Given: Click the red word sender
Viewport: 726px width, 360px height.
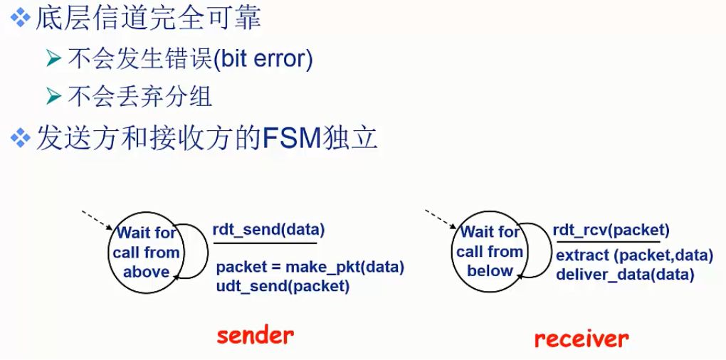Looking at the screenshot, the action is point(255,335).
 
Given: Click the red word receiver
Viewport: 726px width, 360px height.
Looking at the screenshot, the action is point(582,338).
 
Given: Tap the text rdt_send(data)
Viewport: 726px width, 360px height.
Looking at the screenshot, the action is point(268,229).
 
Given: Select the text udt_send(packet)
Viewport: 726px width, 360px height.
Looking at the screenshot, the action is point(283,286).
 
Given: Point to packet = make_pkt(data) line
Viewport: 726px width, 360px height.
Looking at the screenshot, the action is point(310,268).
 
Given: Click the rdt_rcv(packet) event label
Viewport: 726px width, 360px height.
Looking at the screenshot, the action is point(611,229).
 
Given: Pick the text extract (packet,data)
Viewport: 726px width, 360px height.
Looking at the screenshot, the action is point(634,255).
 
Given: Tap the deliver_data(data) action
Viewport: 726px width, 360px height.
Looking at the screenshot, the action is point(624,274).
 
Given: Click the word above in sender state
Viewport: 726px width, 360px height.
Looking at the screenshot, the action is point(147,271).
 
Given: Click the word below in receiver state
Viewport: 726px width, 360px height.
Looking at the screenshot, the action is point(490,270).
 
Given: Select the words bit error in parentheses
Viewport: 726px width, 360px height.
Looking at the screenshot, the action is point(264,58).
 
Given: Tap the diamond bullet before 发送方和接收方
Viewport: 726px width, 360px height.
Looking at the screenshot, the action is point(19,137).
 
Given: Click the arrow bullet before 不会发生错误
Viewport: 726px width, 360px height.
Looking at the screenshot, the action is point(54,58).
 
